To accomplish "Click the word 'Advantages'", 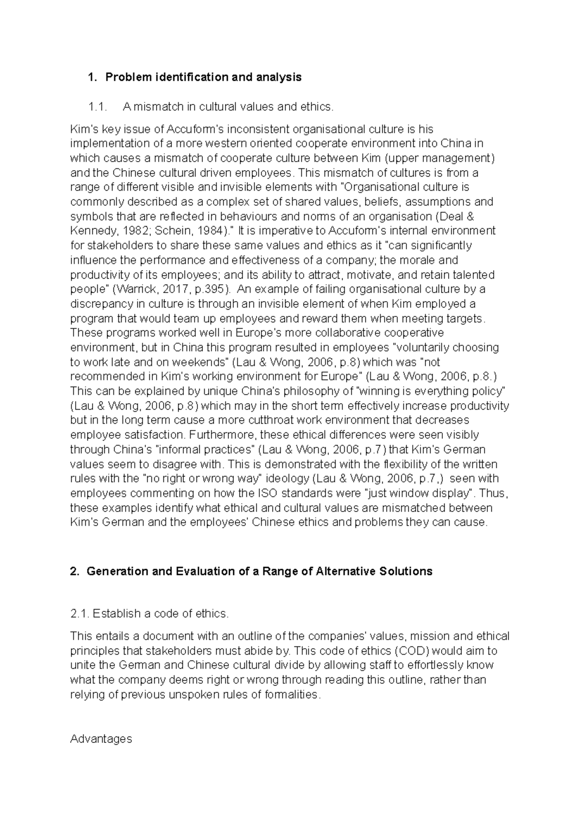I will click(101, 739).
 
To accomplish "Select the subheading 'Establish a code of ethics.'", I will click(160, 614).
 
